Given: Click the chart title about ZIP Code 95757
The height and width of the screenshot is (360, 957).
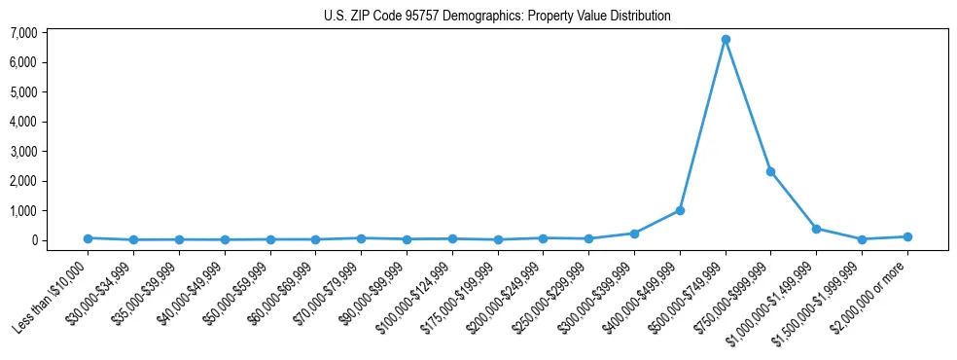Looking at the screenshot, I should click(x=497, y=16).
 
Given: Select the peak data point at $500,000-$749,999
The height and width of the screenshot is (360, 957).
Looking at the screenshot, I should click(x=726, y=40).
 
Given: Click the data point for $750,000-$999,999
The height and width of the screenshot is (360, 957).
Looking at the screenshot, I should click(x=770, y=171).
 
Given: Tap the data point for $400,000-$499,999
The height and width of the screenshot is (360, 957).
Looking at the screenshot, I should click(x=680, y=210).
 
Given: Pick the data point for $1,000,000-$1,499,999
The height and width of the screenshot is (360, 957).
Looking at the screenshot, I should click(x=816, y=229).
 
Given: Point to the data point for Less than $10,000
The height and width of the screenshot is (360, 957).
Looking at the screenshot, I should click(x=89, y=238).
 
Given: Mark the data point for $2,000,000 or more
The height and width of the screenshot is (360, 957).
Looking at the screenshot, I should click(x=906, y=236).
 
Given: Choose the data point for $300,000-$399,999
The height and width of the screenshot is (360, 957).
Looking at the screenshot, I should click(x=634, y=234).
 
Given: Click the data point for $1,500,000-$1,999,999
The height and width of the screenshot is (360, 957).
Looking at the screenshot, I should click(x=862, y=239).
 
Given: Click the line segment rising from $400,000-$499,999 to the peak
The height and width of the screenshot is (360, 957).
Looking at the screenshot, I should click(x=702, y=126).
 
